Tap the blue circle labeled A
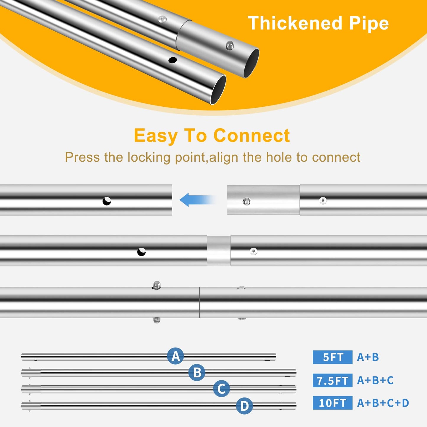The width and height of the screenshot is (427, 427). (x=176, y=356)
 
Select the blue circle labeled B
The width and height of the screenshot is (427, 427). (x=197, y=373)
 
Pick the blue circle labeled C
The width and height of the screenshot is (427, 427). (x=221, y=389)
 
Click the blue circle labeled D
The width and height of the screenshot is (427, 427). (x=244, y=406)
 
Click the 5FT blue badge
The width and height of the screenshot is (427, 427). (x=332, y=357)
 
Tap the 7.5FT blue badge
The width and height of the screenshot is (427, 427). (x=332, y=381)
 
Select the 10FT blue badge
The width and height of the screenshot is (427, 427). (x=332, y=403)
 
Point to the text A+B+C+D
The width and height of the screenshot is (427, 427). (x=383, y=403)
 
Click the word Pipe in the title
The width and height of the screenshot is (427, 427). (x=369, y=23)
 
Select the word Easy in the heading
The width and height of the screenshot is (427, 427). (x=155, y=136)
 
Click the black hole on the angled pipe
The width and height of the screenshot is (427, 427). (x=173, y=60)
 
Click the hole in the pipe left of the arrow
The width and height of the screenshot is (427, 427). (x=107, y=201)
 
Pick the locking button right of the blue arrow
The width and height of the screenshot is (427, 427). (x=246, y=202)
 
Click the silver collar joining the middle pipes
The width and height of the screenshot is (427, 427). (x=218, y=250)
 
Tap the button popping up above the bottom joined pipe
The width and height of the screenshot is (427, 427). (x=156, y=285)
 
